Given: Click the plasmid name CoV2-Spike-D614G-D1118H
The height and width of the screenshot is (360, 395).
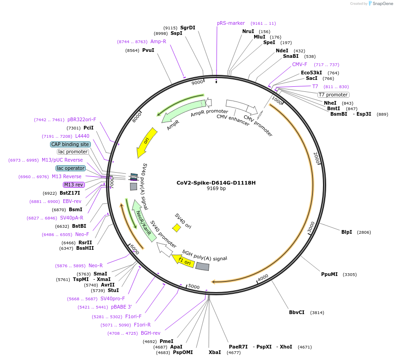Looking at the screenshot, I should pos(216,182).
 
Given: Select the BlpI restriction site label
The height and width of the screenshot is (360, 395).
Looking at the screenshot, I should pos(346,232).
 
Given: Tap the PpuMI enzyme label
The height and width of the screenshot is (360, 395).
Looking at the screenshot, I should pos(329,274).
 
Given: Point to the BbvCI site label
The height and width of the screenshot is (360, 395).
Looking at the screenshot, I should pos(296,312).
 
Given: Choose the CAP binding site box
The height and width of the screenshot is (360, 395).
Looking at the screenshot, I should pos(70,144).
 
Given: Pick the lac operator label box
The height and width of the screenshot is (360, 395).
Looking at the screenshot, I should pos(71,168).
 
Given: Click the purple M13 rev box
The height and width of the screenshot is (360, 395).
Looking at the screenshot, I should pos(74,185).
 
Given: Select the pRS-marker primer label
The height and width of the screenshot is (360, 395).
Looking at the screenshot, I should pos(231,23).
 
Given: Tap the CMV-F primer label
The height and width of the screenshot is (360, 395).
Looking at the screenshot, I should pos(300,64).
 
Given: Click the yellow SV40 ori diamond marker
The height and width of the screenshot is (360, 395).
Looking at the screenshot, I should pos(176,227).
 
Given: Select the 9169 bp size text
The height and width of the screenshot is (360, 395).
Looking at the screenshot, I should pos(216,188).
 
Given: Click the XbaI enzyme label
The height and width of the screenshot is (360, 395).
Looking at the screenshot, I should pos(214,352).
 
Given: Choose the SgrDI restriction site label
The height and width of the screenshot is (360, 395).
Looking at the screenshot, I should pos(188,28).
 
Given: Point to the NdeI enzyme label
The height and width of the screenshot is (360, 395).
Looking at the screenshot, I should pos(282,51).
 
